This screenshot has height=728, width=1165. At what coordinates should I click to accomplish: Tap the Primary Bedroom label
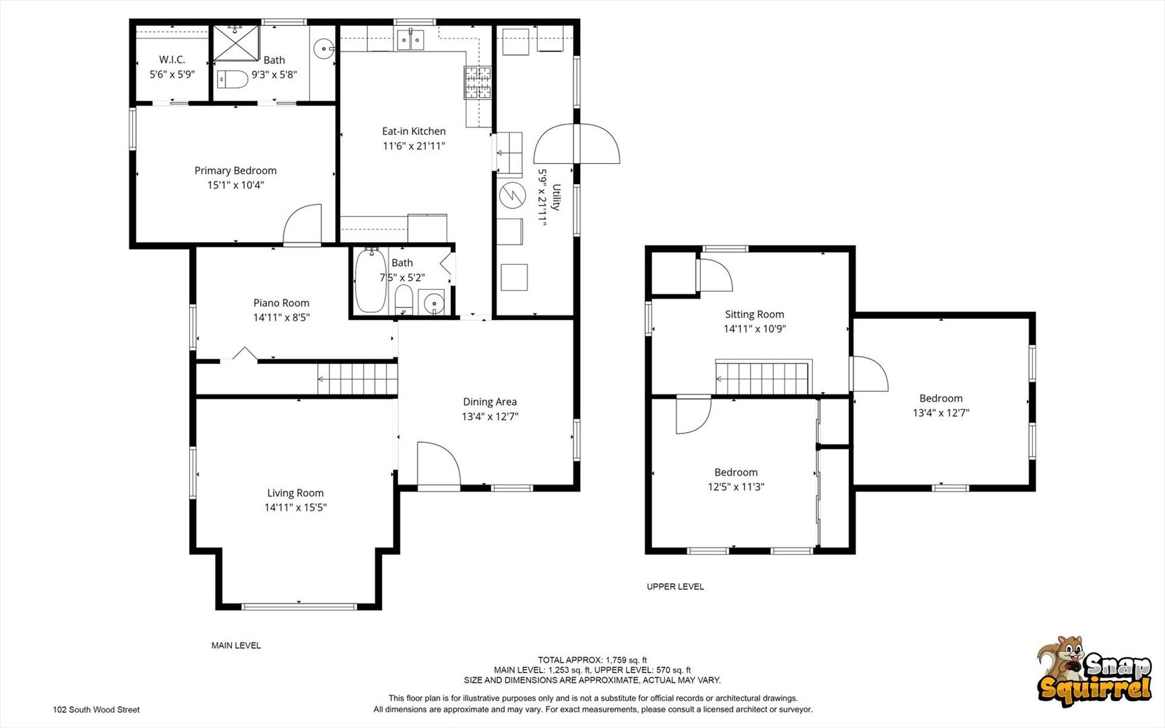click(235, 171)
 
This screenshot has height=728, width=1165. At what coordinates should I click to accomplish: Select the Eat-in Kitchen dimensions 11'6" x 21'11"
click(414, 146)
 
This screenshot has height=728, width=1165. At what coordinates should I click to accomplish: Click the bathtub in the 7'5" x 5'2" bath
click(371, 280)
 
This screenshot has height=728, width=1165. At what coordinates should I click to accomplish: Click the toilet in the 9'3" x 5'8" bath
click(232, 80)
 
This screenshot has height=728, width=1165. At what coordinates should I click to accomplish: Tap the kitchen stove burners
click(477, 83)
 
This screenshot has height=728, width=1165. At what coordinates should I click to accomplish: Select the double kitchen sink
click(410, 40)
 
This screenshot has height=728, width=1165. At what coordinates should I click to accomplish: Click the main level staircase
click(358, 378)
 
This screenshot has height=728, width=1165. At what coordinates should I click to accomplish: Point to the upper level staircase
click(762, 378)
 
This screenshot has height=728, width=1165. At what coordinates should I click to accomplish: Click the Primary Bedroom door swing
click(302, 224)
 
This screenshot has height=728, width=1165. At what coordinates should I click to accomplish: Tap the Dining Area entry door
click(439, 464)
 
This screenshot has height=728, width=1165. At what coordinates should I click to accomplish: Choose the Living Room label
click(295, 493)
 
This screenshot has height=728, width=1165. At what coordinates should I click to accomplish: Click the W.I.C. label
click(172, 59)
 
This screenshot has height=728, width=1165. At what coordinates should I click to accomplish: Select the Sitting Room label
click(755, 314)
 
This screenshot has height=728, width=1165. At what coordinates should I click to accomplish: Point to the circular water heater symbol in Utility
click(512, 195)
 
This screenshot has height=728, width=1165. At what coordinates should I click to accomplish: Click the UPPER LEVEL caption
click(675, 586)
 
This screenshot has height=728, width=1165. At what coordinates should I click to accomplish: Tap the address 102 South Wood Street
click(96, 710)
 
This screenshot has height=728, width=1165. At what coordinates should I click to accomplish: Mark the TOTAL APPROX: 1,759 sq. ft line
click(592, 660)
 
